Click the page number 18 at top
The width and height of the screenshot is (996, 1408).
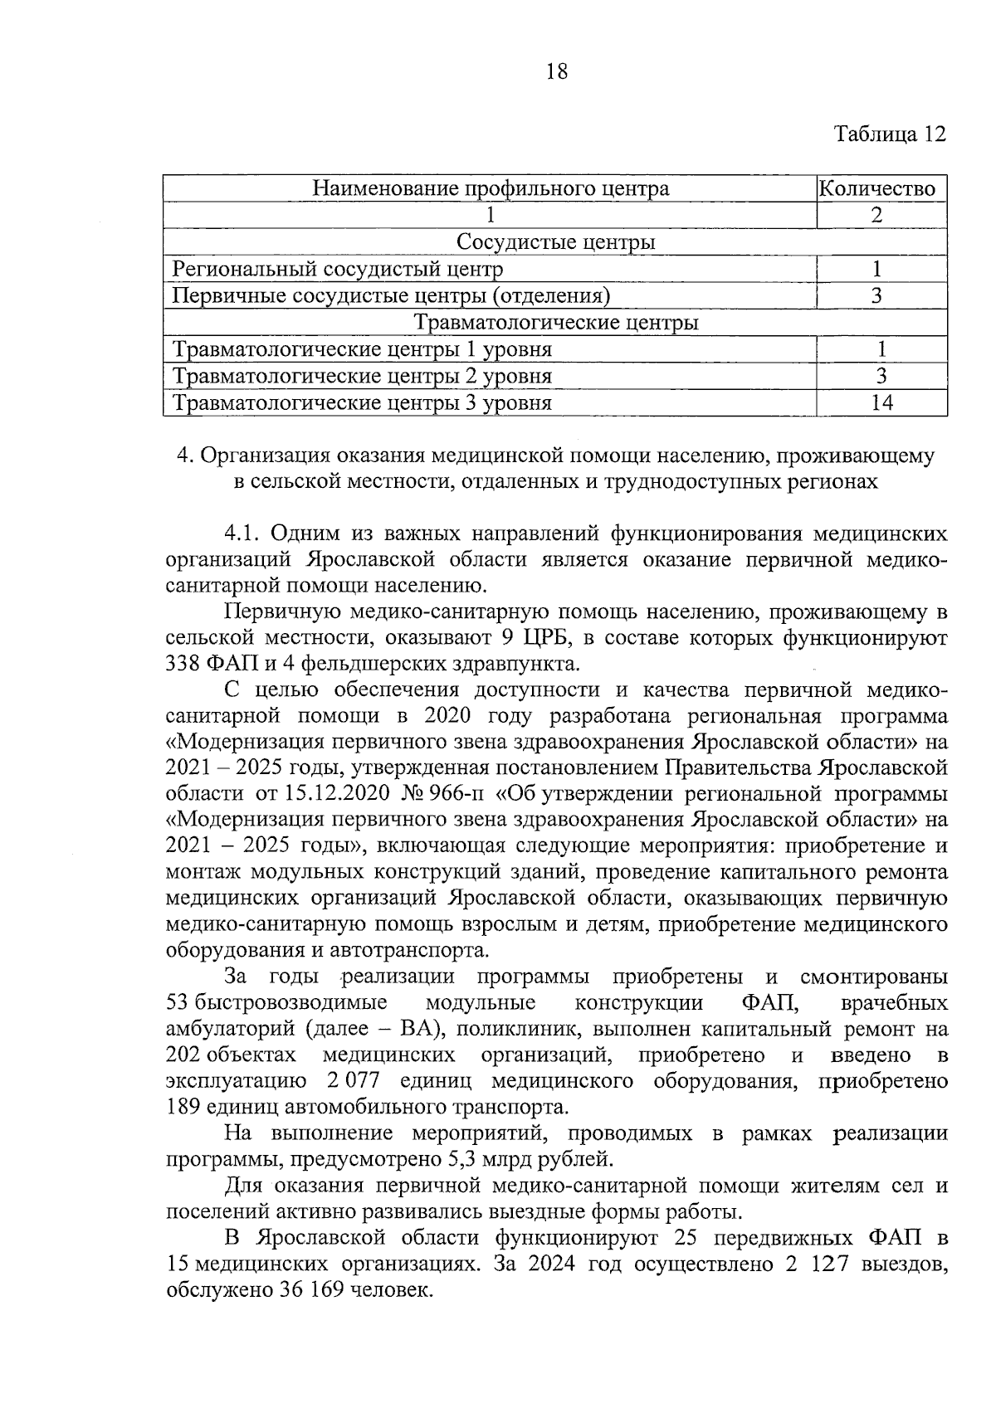tap(557, 72)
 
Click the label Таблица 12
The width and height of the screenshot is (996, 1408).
tap(890, 134)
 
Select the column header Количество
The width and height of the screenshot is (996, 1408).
tap(881, 189)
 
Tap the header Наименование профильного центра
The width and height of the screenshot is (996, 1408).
tap(491, 189)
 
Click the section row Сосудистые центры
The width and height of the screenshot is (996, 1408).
tap(555, 242)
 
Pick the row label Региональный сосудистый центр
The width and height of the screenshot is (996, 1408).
tap(337, 270)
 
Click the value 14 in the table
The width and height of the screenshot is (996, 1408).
tap(881, 403)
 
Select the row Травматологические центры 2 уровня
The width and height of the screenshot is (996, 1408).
tap(362, 377)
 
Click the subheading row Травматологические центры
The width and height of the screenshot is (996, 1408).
tap(555, 323)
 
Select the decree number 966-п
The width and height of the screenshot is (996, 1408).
tap(457, 793)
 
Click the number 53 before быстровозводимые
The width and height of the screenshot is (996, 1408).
tap(178, 1003)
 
